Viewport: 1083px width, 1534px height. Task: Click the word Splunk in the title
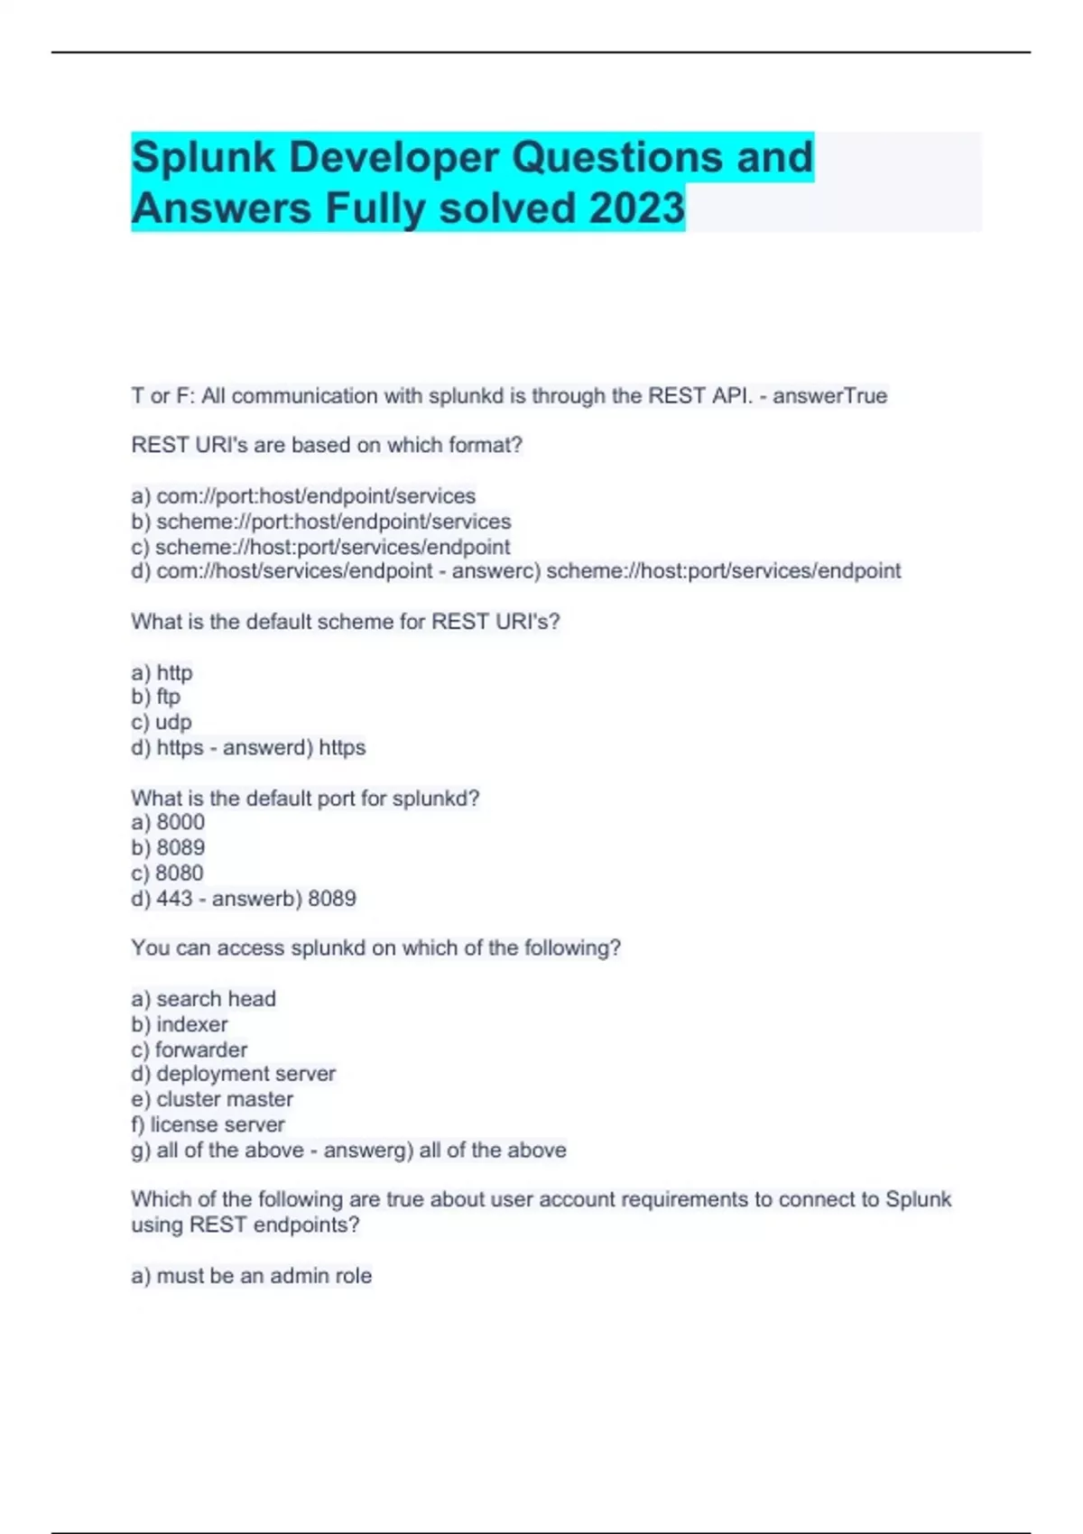coord(203,158)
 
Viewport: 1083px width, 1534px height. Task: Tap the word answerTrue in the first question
coord(829,396)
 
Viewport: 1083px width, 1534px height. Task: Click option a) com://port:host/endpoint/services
coord(303,496)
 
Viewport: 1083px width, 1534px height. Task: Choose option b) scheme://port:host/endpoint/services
coord(320,522)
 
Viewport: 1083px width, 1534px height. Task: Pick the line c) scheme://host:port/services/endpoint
coord(320,547)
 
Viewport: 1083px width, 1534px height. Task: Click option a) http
coord(162,672)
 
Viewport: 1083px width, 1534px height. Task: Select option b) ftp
coord(156,697)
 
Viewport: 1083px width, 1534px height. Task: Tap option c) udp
coord(162,722)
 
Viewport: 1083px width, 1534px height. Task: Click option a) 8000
coord(168,822)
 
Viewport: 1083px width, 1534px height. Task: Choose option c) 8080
coord(168,873)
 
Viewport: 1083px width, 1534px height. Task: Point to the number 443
coord(174,899)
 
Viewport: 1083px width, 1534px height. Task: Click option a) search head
coord(203,999)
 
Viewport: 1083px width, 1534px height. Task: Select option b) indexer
coord(180,1024)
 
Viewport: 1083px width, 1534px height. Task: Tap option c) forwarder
coord(190,1049)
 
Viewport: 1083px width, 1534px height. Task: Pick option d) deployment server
coord(233,1074)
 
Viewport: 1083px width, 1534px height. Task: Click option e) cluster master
coord(212,1099)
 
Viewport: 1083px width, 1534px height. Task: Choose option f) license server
coord(208,1124)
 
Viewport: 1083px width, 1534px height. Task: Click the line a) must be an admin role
coord(251,1276)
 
